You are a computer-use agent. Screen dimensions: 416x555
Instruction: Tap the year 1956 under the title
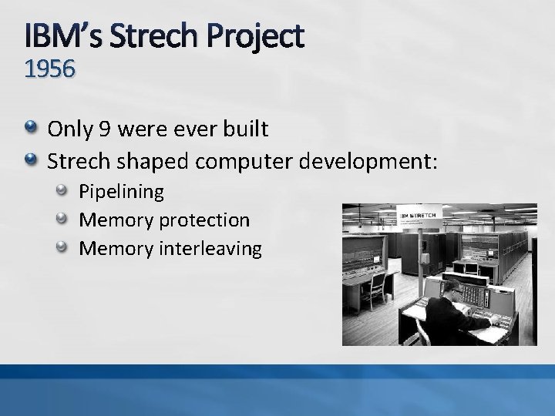click(x=50, y=70)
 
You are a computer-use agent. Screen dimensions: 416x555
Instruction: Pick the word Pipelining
click(x=122, y=191)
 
